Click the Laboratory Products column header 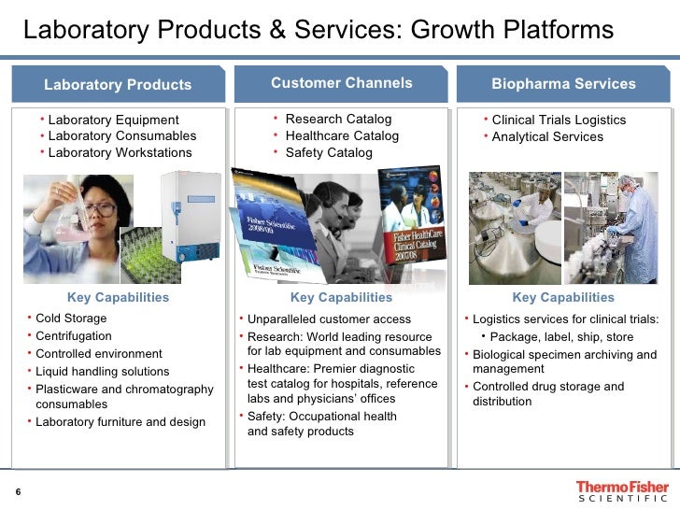point(118,85)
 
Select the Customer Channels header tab point(341,83)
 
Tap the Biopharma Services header point(563,84)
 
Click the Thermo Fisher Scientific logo point(622,491)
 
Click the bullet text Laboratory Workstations point(120,153)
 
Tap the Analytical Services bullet point(547,137)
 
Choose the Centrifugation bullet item point(73,336)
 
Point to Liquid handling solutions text point(102,372)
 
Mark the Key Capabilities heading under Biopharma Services point(563,298)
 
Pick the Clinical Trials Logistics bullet point(559,120)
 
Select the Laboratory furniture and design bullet point(120,422)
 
